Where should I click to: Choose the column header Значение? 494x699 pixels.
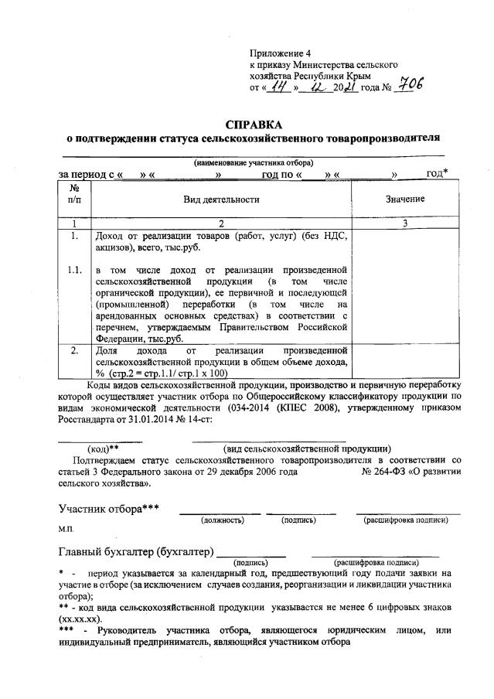405,199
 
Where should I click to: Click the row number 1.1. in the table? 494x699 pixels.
74,271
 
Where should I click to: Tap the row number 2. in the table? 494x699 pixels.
74,350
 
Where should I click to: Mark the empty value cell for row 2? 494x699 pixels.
405,361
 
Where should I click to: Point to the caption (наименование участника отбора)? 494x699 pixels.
253,164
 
